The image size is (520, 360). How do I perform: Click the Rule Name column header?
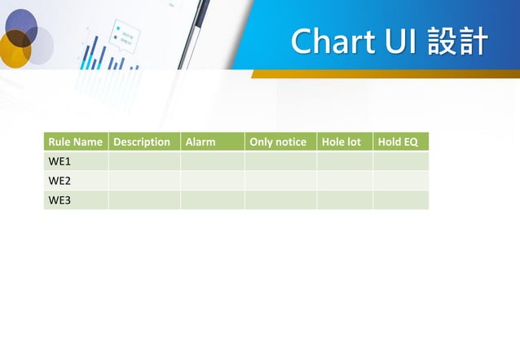coord(76,142)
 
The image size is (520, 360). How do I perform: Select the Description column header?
coord(143,142)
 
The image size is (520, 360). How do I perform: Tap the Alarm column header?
coord(212,142)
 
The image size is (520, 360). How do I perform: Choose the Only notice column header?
coord(280,142)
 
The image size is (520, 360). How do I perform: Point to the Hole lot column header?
coord(344,142)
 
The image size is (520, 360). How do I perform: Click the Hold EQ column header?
coord(400,142)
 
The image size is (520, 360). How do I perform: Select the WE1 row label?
coord(76,161)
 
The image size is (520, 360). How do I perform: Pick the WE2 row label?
coord(76,181)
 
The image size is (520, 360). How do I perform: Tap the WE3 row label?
coord(76,200)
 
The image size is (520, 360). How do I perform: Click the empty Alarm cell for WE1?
coord(212,161)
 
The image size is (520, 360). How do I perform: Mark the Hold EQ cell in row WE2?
coord(400,181)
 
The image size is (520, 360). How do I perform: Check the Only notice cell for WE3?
coord(280,200)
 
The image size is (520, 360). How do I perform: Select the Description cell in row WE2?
coord(143,181)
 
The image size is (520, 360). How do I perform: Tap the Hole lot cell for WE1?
coord(344,161)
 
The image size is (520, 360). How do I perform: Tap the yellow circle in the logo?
coord(14,50)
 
